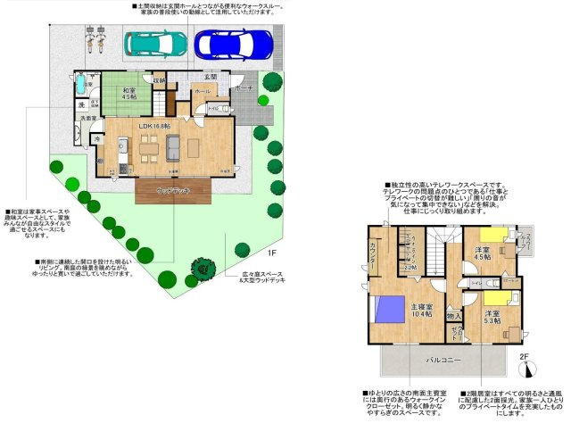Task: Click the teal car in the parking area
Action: pos(155,42)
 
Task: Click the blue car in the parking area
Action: pos(233,42)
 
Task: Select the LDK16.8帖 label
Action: pos(154,126)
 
